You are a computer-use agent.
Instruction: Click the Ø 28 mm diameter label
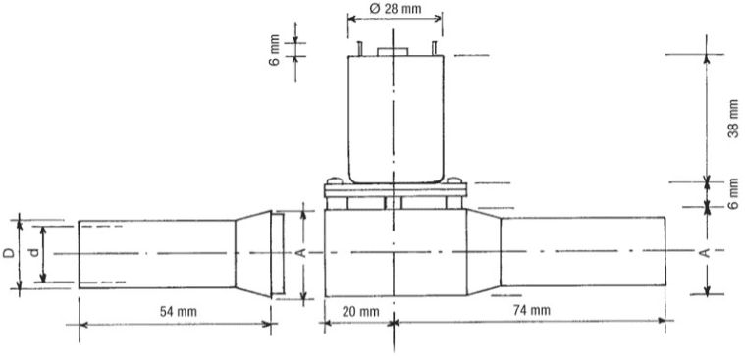point(395,9)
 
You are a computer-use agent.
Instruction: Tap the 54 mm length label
point(179,312)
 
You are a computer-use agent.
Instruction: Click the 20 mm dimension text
point(361,312)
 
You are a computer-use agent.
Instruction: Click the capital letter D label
point(9,253)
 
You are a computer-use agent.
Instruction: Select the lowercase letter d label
point(33,253)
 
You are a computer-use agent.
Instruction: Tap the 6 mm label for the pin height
point(275,49)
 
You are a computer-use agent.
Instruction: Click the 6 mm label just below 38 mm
point(733,194)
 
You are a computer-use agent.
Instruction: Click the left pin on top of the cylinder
point(359,48)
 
